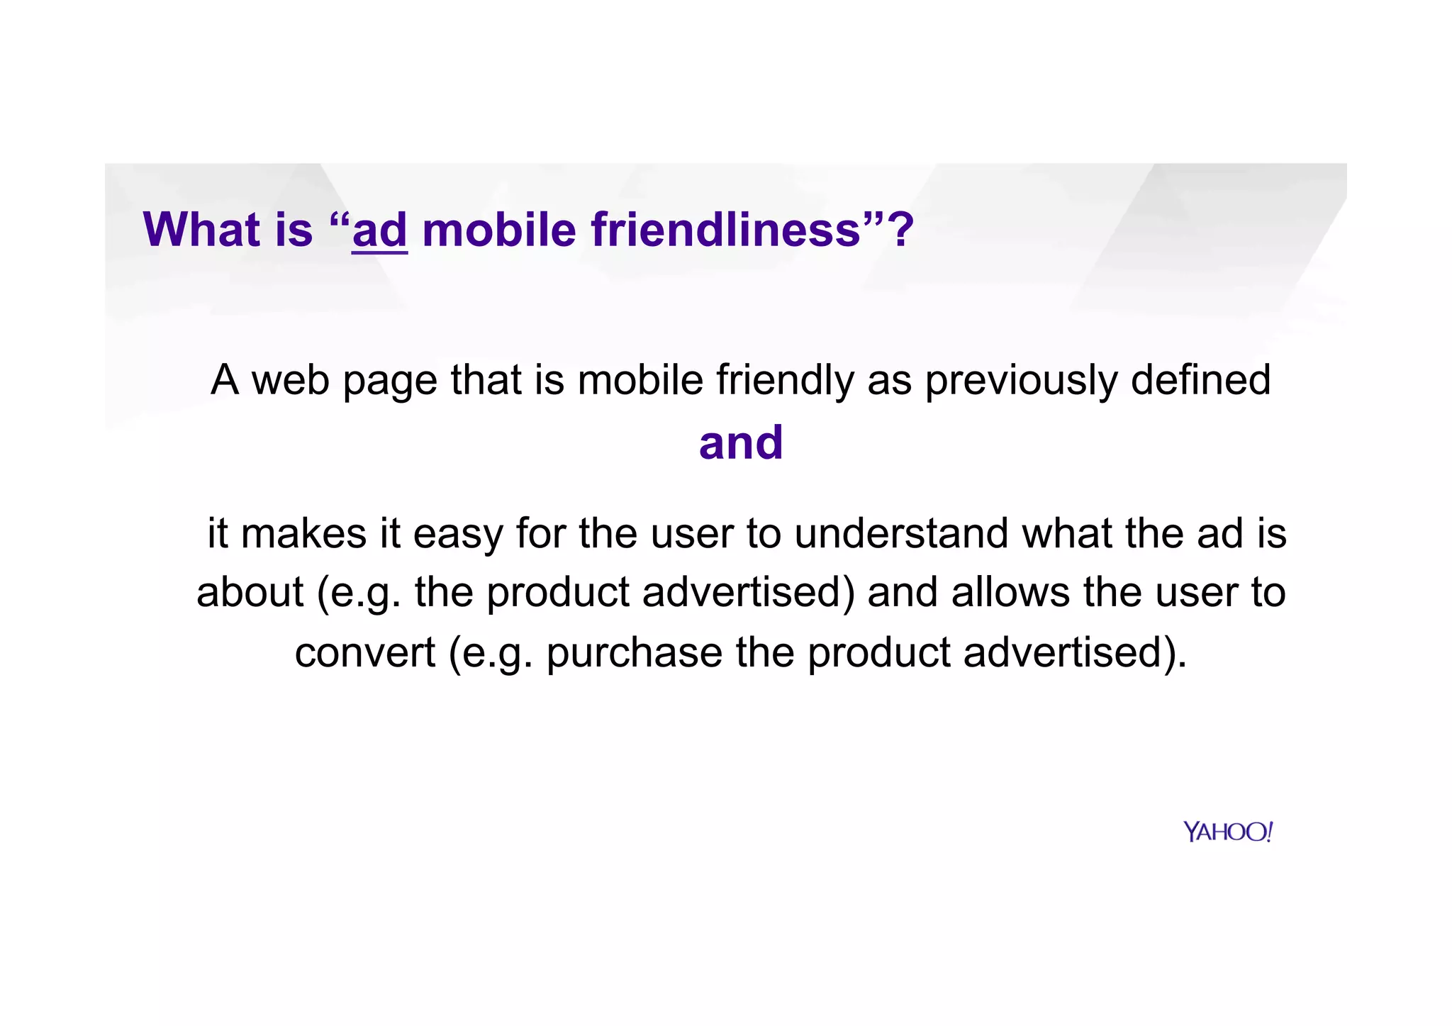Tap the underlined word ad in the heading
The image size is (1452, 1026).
point(379,231)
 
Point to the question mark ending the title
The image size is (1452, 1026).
point(903,230)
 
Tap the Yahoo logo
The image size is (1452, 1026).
point(1228,832)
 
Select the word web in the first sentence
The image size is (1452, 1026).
point(291,380)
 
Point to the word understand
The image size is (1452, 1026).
point(901,533)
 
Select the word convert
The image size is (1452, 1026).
point(365,653)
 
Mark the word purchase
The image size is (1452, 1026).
point(635,653)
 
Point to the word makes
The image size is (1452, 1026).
point(304,533)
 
